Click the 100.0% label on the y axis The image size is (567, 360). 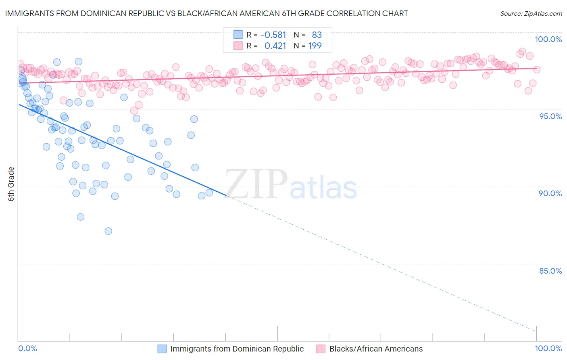coord(548,39)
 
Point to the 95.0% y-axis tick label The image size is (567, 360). coord(550,116)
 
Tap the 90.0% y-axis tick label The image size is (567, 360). coord(550,193)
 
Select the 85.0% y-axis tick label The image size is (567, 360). coord(550,271)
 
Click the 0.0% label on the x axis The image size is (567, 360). coord(27,348)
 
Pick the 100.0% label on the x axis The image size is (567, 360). coord(548,348)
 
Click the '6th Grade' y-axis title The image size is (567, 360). coord(11,184)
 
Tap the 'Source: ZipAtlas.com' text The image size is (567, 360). coord(531,14)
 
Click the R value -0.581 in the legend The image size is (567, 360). coord(273,35)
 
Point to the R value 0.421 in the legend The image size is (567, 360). coord(275,46)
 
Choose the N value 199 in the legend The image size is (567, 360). coord(315,46)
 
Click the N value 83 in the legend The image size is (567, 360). coord(317,35)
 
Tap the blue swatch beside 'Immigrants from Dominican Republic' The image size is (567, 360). coord(162,349)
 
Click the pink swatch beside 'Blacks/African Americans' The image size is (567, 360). coord(321,349)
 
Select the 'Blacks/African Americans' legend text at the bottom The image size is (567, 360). coord(376,349)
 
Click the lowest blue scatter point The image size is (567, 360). coord(108,231)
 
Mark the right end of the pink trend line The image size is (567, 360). coord(536,68)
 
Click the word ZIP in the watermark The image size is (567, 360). coord(256,184)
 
